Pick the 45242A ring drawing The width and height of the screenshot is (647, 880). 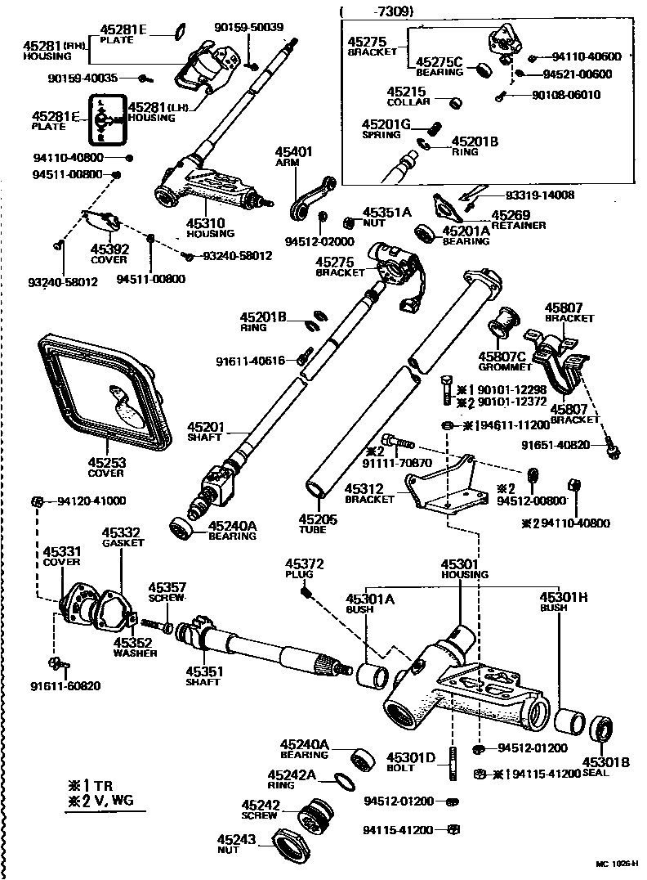[346, 782]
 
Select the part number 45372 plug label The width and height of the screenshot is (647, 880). [304, 569]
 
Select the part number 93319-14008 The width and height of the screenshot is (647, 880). [540, 195]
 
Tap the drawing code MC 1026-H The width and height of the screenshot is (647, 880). [616, 863]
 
